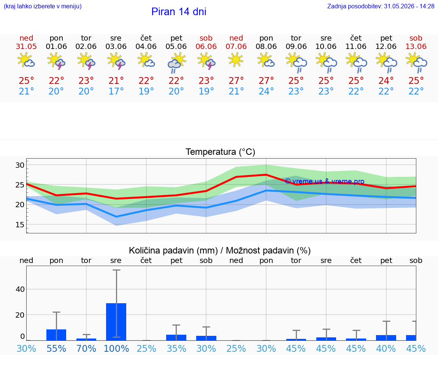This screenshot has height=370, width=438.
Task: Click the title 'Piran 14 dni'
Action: [179, 12]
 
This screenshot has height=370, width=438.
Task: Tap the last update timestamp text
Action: [381, 6]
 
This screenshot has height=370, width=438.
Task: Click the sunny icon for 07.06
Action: [236, 60]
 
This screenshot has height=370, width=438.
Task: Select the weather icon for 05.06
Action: [176, 63]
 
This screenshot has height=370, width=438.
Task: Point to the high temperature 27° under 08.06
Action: [266, 81]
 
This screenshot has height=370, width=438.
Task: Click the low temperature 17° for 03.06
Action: [116, 91]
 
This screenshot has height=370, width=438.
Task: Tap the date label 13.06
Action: [416, 47]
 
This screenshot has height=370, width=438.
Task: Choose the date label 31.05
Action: [26, 47]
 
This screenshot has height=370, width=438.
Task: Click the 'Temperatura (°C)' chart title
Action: [221, 152]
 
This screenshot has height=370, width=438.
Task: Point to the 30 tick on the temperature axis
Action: [20, 165]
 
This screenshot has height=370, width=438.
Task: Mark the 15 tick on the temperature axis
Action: [20, 224]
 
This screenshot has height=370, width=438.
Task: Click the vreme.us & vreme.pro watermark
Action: [325, 181]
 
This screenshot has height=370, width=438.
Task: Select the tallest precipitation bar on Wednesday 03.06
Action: [116, 322]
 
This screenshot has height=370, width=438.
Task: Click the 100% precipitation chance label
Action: [116, 348]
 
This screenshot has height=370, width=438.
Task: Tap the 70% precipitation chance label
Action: [86, 348]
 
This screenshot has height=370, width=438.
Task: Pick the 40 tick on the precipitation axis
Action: [20, 289]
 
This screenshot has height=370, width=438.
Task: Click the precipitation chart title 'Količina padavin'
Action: [173, 251]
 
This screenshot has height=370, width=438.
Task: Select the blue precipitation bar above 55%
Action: [56, 335]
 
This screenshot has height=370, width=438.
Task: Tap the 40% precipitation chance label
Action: [386, 348]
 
